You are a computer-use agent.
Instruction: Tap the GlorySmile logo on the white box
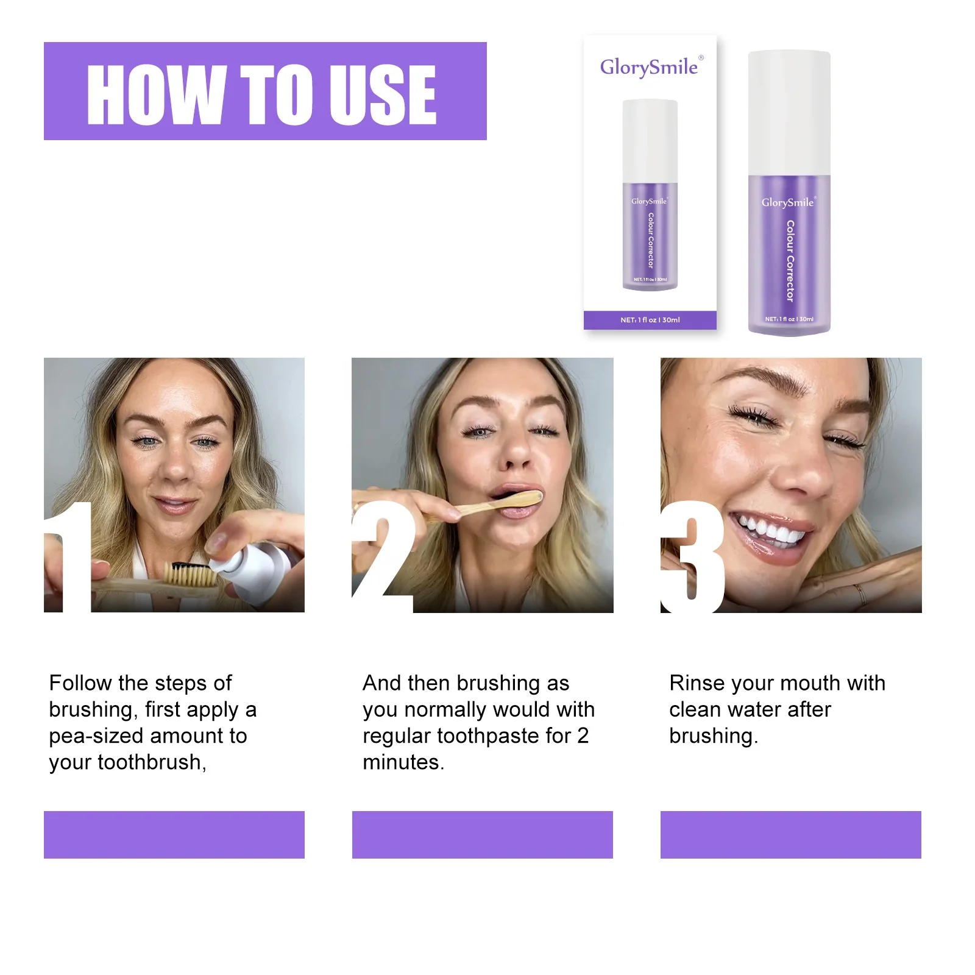pos(650,67)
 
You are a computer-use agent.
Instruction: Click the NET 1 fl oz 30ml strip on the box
pos(650,320)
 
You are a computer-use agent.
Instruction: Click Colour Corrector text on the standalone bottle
pos(790,261)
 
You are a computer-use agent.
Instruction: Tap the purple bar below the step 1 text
pos(174,834)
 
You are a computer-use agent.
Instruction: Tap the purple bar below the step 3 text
pos(790,834)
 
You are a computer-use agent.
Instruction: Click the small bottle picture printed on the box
pos(650,195)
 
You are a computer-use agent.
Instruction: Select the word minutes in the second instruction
pos(403,762)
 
